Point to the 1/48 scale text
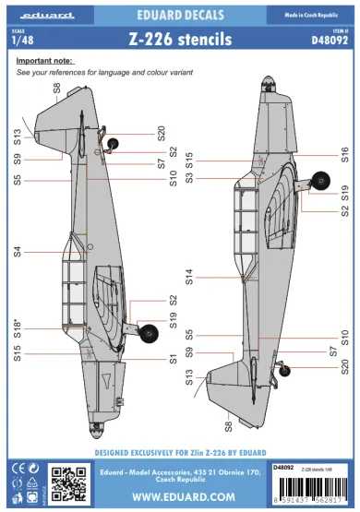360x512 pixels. [16, 41]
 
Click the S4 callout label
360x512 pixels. [17, 251]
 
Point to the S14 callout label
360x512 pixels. [189, 276]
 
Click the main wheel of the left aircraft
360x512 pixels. [147, 329]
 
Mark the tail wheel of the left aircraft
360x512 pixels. [113, 142]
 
